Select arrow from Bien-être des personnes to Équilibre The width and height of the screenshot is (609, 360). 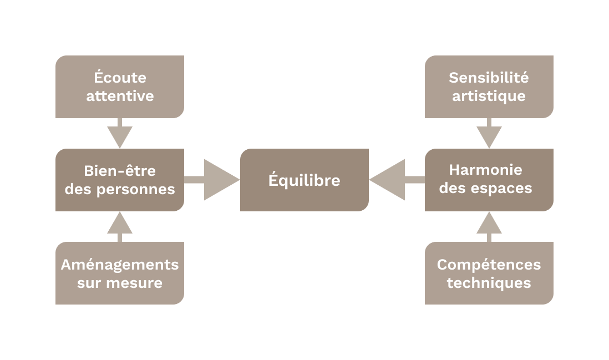214,180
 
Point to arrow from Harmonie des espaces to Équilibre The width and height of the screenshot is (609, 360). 395,180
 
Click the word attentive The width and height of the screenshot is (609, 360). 120,96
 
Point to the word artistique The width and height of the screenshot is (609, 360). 489,96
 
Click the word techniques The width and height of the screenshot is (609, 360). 489,283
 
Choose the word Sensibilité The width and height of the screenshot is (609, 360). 489,78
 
